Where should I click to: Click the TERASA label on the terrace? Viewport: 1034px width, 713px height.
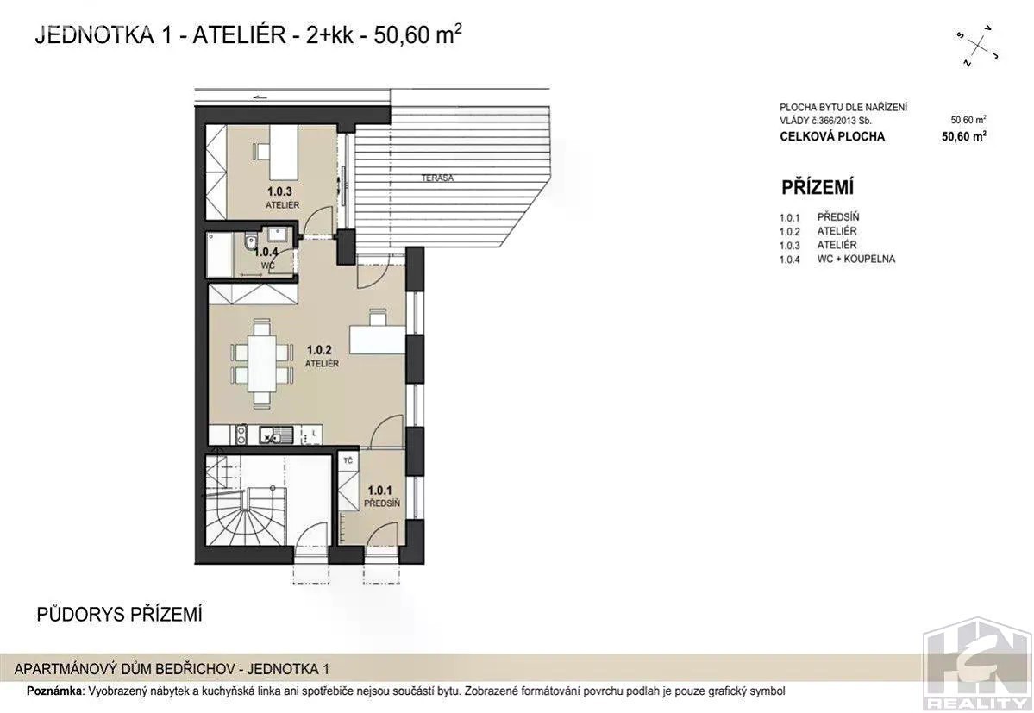pyautogui.click(x=437, y=178)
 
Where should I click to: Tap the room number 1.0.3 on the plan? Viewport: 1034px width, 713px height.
pyautogui.click(x=279, y=191)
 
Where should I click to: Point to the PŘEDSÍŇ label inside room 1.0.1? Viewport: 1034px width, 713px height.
pyautogui.click(x=381, y=503)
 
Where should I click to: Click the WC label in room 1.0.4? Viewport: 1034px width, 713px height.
pyautogui.click(x=267, y=265)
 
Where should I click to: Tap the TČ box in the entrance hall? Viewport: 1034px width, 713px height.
pyautogui.click(x=348, y=460)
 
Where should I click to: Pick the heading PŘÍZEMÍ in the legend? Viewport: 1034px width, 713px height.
pyautogui.click(x=817, y=187)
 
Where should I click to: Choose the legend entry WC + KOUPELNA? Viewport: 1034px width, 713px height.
pyautogui.click(x=856, y=259)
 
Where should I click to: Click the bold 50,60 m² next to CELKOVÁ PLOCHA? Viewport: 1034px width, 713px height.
pyautogui.click(x=964, y=136)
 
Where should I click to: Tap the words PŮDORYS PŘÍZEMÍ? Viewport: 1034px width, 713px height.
pyautogui.click(x=119, y=614)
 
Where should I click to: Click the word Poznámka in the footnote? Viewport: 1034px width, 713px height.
pyautogui.click(x=55, y=691)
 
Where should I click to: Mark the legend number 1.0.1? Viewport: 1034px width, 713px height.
pyautogui.click(x=789, y=217)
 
